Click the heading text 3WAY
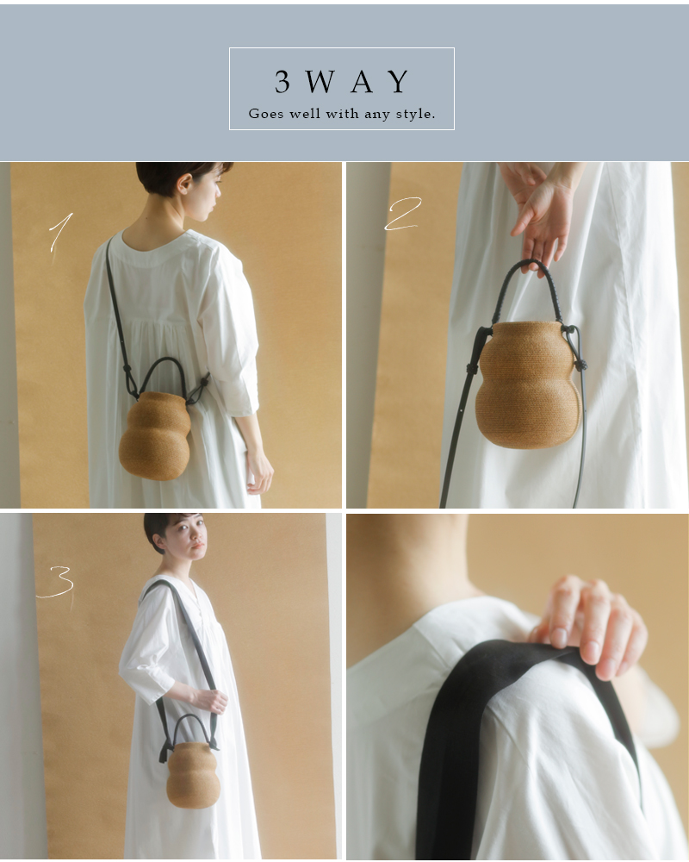pyautogui.click(x=342, y=82)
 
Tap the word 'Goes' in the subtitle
pyautogui.click(x=266, y=114)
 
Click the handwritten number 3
pyautogui.click(x=56, y=583)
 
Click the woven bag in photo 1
pyautogui.click(x=155, y=435)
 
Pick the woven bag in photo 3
pyautogui.click(x=193, y=773)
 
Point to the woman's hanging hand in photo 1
pyautogui.click(x=258, y=470)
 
